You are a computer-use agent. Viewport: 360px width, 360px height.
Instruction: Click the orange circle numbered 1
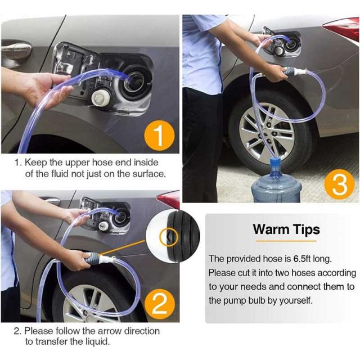159,136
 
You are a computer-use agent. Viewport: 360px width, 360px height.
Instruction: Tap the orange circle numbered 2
160,304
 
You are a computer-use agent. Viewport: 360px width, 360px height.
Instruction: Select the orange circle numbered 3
339,184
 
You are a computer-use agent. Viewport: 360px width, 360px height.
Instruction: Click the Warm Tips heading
286,229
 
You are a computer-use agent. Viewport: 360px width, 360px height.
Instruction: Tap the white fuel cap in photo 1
101,98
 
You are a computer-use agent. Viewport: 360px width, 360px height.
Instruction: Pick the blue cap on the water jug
276,163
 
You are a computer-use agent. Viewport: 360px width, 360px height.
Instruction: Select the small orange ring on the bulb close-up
169,237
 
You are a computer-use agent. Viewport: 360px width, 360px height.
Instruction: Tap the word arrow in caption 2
110,331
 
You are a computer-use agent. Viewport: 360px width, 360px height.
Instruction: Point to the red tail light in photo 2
169,199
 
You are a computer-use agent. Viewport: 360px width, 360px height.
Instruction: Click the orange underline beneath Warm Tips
286,241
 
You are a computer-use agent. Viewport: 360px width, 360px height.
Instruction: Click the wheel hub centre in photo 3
267,133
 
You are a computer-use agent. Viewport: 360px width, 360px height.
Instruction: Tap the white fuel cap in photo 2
103,226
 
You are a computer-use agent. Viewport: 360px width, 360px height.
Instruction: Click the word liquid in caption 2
97,342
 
